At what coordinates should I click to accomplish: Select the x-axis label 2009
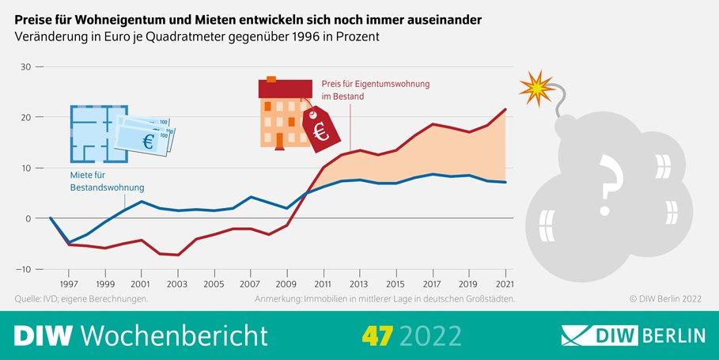[286, 282]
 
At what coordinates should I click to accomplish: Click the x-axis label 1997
[68, 282]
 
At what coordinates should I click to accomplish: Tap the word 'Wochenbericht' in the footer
[174, 335]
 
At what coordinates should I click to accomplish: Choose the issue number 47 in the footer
[377, 335]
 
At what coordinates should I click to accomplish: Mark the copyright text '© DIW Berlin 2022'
[666, 299]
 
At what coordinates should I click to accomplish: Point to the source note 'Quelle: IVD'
[43, 299]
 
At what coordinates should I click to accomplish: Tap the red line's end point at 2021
[505, 109]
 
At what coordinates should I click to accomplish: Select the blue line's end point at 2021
[505, 183]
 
